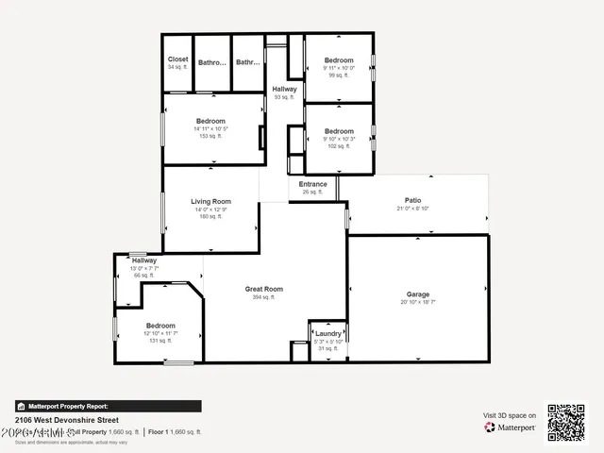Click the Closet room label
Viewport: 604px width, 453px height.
177,59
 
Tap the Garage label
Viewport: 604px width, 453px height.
418,294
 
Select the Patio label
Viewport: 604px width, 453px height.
413,200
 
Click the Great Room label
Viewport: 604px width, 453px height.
264,290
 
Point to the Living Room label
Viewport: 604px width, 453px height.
210,201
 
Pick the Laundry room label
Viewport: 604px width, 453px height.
328,333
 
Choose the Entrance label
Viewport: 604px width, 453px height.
313,184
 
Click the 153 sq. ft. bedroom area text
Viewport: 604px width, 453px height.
210,136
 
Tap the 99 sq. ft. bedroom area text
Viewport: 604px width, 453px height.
339,75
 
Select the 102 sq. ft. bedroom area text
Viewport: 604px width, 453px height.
339,146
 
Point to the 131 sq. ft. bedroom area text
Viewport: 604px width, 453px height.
160,341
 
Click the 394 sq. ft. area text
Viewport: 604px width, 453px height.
264,297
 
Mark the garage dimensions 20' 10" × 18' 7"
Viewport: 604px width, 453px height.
418,302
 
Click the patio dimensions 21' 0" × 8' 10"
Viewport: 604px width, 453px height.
413,208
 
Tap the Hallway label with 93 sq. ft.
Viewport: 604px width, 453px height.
284,90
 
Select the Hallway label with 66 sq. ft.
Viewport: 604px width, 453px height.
144,260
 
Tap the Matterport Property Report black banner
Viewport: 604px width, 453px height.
108,406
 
